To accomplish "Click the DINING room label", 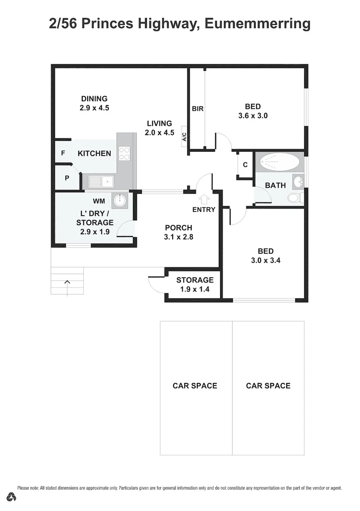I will click(x=94, y=99).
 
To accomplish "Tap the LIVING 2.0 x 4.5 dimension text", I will click(x=159, y=133).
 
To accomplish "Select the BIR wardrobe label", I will click(x=198, y=109).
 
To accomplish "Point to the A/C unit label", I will click(x=184, y=137).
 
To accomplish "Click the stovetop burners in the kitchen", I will click(x=124, y=153).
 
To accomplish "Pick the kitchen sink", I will click(x=100, y=181).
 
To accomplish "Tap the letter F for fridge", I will click(x=63, y=153).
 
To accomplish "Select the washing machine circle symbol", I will click(x=119, y=200).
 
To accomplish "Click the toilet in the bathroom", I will click(x=295, y=198).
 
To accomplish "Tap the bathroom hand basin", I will click(x=298, y=181).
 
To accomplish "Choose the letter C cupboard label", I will click(x=245, y=165).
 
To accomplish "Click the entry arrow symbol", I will click(x=204, y=199).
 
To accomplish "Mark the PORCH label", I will click(x=178, y=228).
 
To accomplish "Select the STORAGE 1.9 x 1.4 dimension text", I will click(x=194, y=290).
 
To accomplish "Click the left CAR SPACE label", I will click(x=194, y=386).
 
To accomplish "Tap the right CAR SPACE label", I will click(x=268, y=386).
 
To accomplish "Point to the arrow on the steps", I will click(x=67, y=282).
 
